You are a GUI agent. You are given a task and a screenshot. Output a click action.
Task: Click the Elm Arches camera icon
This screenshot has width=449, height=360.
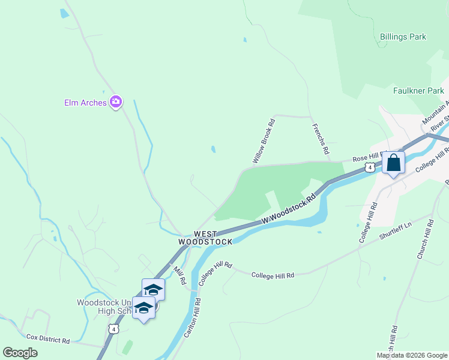point(116,102)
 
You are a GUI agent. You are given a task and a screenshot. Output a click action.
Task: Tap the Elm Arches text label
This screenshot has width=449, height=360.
point(85,103)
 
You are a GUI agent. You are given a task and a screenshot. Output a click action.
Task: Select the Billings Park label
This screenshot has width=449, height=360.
point(403,37)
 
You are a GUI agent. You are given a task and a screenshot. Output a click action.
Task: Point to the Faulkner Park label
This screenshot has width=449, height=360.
point(418,91)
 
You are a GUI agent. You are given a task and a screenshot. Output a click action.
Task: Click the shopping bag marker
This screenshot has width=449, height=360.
point(393,163)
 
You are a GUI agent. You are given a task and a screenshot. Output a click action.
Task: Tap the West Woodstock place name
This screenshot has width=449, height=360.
point(205,238)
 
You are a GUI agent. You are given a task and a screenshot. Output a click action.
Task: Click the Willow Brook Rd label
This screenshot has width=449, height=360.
point(264,142)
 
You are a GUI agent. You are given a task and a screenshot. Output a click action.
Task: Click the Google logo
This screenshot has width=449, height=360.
point(20,353)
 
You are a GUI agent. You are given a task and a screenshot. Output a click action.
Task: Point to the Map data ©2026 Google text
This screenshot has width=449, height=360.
point(411,355)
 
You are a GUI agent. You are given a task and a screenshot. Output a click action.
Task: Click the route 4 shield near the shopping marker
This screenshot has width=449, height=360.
point(372,168)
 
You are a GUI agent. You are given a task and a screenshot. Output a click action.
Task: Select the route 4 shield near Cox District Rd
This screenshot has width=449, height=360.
point(113,329)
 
